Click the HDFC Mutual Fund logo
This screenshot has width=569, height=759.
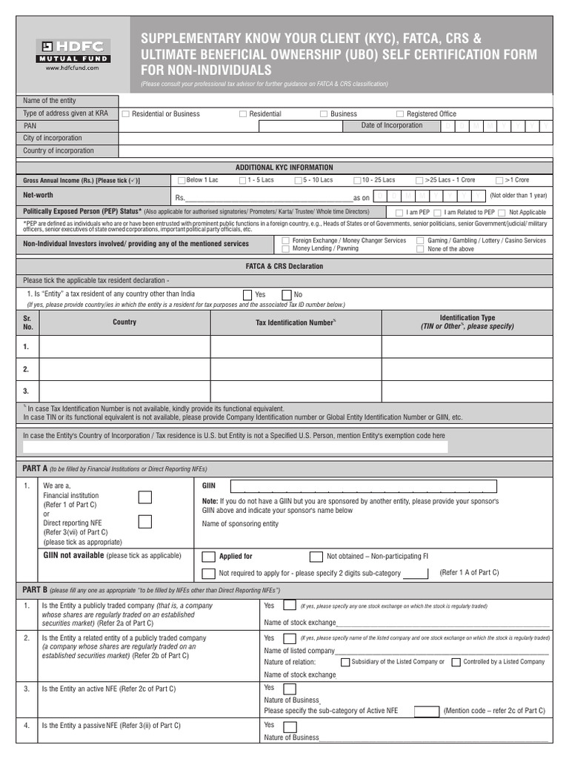click(73, 50)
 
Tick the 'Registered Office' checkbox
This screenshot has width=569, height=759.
click(400, 114)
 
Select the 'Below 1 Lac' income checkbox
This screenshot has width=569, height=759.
click(182, 180)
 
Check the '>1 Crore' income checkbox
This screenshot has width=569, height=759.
click(500, 180)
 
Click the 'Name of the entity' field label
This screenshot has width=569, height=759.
click(50, 101)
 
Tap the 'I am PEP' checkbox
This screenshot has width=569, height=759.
click(399, 213)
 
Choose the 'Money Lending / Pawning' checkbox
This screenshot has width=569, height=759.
click(286, 249)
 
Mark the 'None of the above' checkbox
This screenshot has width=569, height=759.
click(420, 249)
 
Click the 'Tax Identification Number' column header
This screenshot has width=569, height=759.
click(296, 322)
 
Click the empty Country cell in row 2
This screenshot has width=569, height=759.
click(124, 368)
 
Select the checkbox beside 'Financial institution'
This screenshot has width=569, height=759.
click(146, 497)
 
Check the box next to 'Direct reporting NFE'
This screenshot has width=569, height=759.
click(146, 522)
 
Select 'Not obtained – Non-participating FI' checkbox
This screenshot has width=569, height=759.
click(316, 557)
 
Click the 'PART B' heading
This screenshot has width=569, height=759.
click(35, 590)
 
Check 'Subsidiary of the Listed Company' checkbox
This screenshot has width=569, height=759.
click(345, 662)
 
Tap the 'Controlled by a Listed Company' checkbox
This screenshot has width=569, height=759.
click(456, 662)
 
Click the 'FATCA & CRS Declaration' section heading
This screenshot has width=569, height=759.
click(284, 265)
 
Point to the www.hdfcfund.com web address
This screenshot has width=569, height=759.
click(73, 68)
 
